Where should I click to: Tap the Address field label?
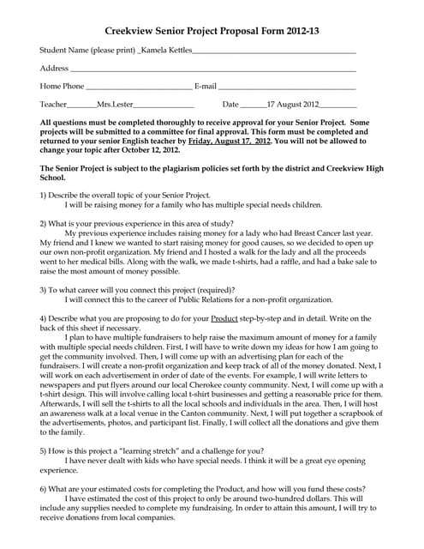(54, 68)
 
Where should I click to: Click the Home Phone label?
(63, 86)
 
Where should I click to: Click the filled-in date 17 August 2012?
(293, 103)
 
